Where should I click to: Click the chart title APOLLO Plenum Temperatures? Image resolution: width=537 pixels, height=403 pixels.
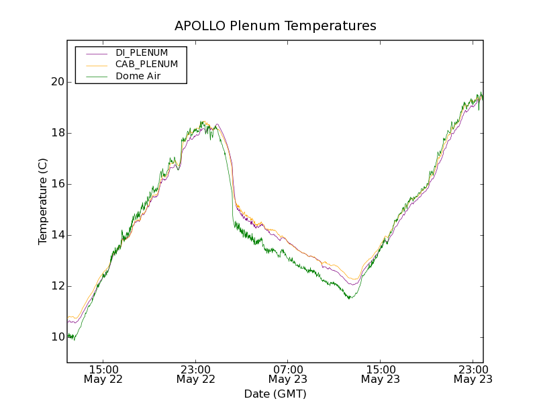click(x=275, y=26)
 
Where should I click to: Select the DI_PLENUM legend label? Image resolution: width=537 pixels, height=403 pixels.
click(x=142, y=52)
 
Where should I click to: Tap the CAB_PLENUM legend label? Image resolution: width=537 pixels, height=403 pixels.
click(x=146, y=64)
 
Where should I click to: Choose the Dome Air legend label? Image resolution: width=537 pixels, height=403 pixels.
click(x=138, y=77)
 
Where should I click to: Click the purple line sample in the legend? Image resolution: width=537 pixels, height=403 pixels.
click(x=97, y=52)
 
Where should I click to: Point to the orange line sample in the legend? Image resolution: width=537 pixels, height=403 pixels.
click(x=97, y=64)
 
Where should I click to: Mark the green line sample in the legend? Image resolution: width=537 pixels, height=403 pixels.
click(x=97, y=77)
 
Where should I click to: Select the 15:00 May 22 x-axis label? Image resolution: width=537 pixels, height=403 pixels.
click(x=103, y=374)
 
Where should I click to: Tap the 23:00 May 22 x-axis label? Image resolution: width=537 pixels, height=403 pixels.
click(x=196, y=374)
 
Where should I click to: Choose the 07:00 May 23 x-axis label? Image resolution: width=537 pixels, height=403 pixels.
click(x=288, y=374)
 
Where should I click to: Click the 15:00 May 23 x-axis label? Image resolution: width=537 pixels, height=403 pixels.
click(x=380, y=374)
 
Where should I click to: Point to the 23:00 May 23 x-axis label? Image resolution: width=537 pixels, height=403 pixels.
click(x=473, y=374)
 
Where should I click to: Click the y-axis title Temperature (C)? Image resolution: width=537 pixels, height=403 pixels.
click(x=43, y=201)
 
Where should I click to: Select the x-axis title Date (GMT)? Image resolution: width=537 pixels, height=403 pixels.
click(x=275, y=394)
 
